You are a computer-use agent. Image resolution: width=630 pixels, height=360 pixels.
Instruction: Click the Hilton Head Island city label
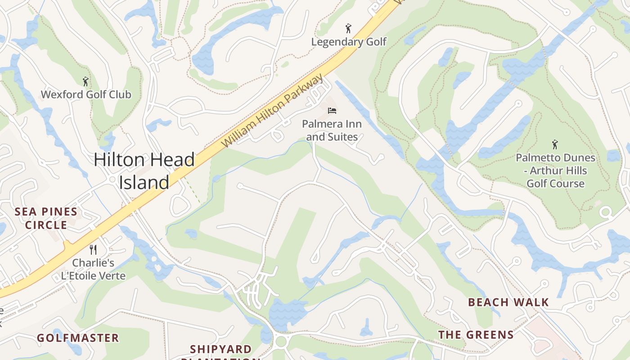pos(144,171)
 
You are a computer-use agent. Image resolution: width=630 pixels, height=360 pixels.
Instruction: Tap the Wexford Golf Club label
pos(86,94)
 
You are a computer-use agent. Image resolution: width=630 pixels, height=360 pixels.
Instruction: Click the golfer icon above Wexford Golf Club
pos(85,81)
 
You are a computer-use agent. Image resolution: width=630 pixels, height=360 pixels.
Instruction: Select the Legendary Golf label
pos(349,42)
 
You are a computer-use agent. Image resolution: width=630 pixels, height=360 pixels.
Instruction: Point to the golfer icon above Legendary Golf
pos(348,29)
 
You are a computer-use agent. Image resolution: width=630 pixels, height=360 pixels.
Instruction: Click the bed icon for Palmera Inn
pos(332,110)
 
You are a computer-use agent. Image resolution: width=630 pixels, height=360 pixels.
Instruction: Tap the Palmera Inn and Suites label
pos(332,130)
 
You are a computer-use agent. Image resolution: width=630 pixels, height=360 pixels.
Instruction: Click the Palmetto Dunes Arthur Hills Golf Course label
pos(555,171)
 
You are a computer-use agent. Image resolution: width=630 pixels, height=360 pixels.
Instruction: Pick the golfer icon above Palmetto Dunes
pos(555,144)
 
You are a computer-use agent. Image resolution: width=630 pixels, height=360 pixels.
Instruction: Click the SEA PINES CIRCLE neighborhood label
pos(46,218)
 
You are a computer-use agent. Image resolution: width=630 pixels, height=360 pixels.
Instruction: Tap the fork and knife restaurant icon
pos(93,249)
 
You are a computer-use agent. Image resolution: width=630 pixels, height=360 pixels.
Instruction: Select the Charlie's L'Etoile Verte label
pos(93,269)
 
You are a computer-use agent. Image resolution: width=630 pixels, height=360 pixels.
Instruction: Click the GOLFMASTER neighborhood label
pos(78,338)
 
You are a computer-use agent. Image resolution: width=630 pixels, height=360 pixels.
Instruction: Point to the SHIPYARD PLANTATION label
pos(220,351)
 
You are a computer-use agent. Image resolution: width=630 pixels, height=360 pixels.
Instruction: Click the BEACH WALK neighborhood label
pos(508,302)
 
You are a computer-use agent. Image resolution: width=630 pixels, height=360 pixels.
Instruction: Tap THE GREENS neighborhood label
pos(476,335)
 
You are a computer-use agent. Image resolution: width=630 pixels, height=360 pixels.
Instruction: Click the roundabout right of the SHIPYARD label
pos(281,341)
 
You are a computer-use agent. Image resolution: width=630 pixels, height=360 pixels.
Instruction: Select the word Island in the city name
pos(144,182)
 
